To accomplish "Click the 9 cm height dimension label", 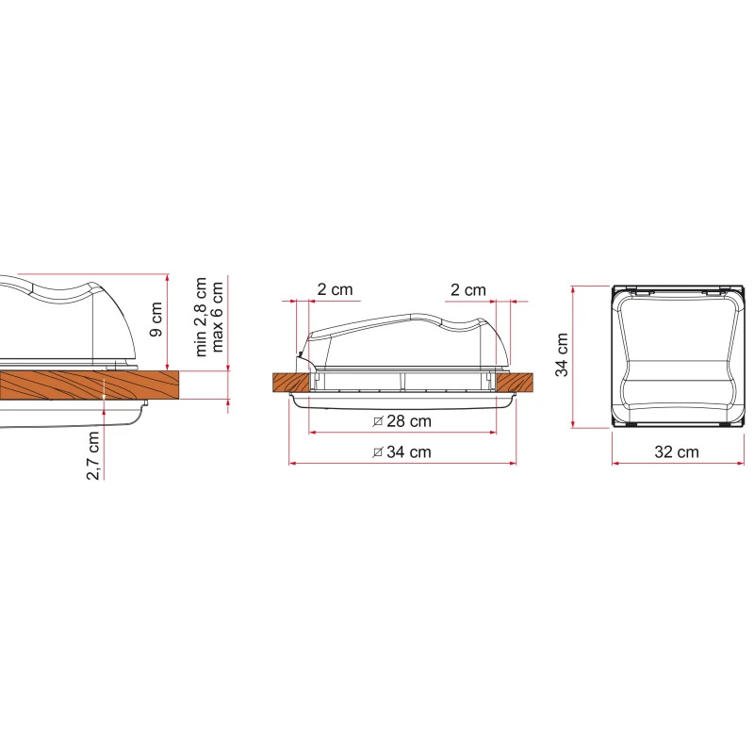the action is [156, 319].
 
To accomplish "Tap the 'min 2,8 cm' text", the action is [201, 317].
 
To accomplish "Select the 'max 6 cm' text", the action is [217, 317].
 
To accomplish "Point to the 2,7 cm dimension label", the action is [92, 455].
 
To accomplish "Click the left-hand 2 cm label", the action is [336, 289].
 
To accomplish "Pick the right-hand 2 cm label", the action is [468, 290].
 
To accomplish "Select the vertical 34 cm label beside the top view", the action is [562, 355].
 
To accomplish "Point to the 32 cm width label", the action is [677, 452].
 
